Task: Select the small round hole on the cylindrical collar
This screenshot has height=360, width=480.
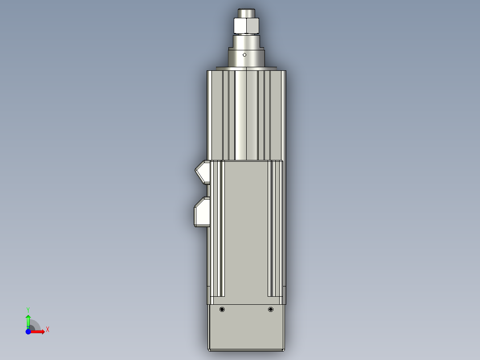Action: coord(244,54)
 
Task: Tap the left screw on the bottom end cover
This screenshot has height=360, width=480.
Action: coord(222,310)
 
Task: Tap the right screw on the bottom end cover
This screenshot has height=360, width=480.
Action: coord(270,310)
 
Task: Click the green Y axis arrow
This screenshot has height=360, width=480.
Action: coord(28,320)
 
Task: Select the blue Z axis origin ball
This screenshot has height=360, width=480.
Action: coord(28,332)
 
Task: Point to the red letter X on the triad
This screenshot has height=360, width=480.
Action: coord(47,330)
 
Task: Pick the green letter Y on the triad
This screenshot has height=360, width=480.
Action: coord(28,309)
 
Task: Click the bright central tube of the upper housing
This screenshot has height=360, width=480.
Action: coord(246,116)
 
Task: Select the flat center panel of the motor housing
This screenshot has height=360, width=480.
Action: coord(246,227)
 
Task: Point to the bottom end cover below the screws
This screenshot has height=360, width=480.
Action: coord(246,332)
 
